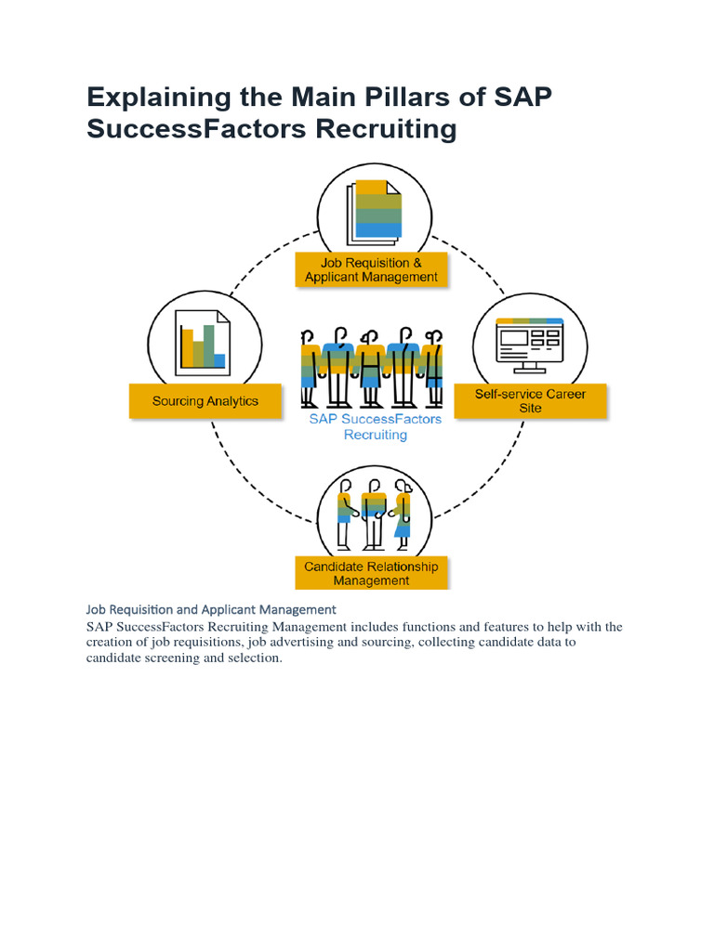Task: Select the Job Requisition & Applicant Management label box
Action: pos(371,269)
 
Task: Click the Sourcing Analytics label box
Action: pos(205,401)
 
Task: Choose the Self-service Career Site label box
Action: pos(530,401)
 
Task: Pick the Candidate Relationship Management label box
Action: pos(371,573)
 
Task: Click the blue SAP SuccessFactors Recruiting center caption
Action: pos(376,426)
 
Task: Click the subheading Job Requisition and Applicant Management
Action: pos(211,609)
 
